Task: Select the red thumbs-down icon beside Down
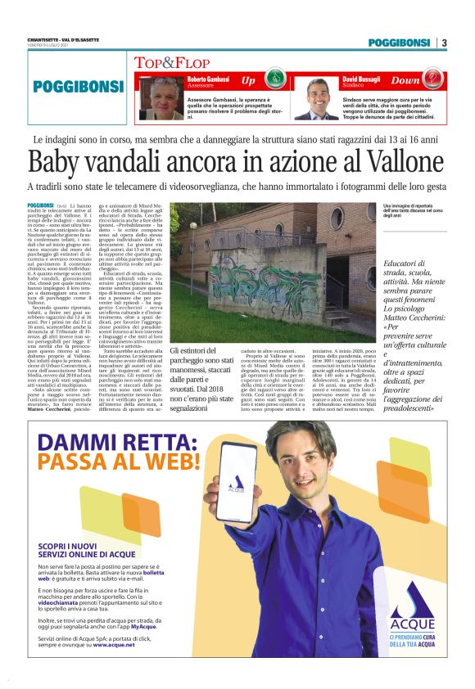[436, 80]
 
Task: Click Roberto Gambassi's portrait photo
[161, 98]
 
